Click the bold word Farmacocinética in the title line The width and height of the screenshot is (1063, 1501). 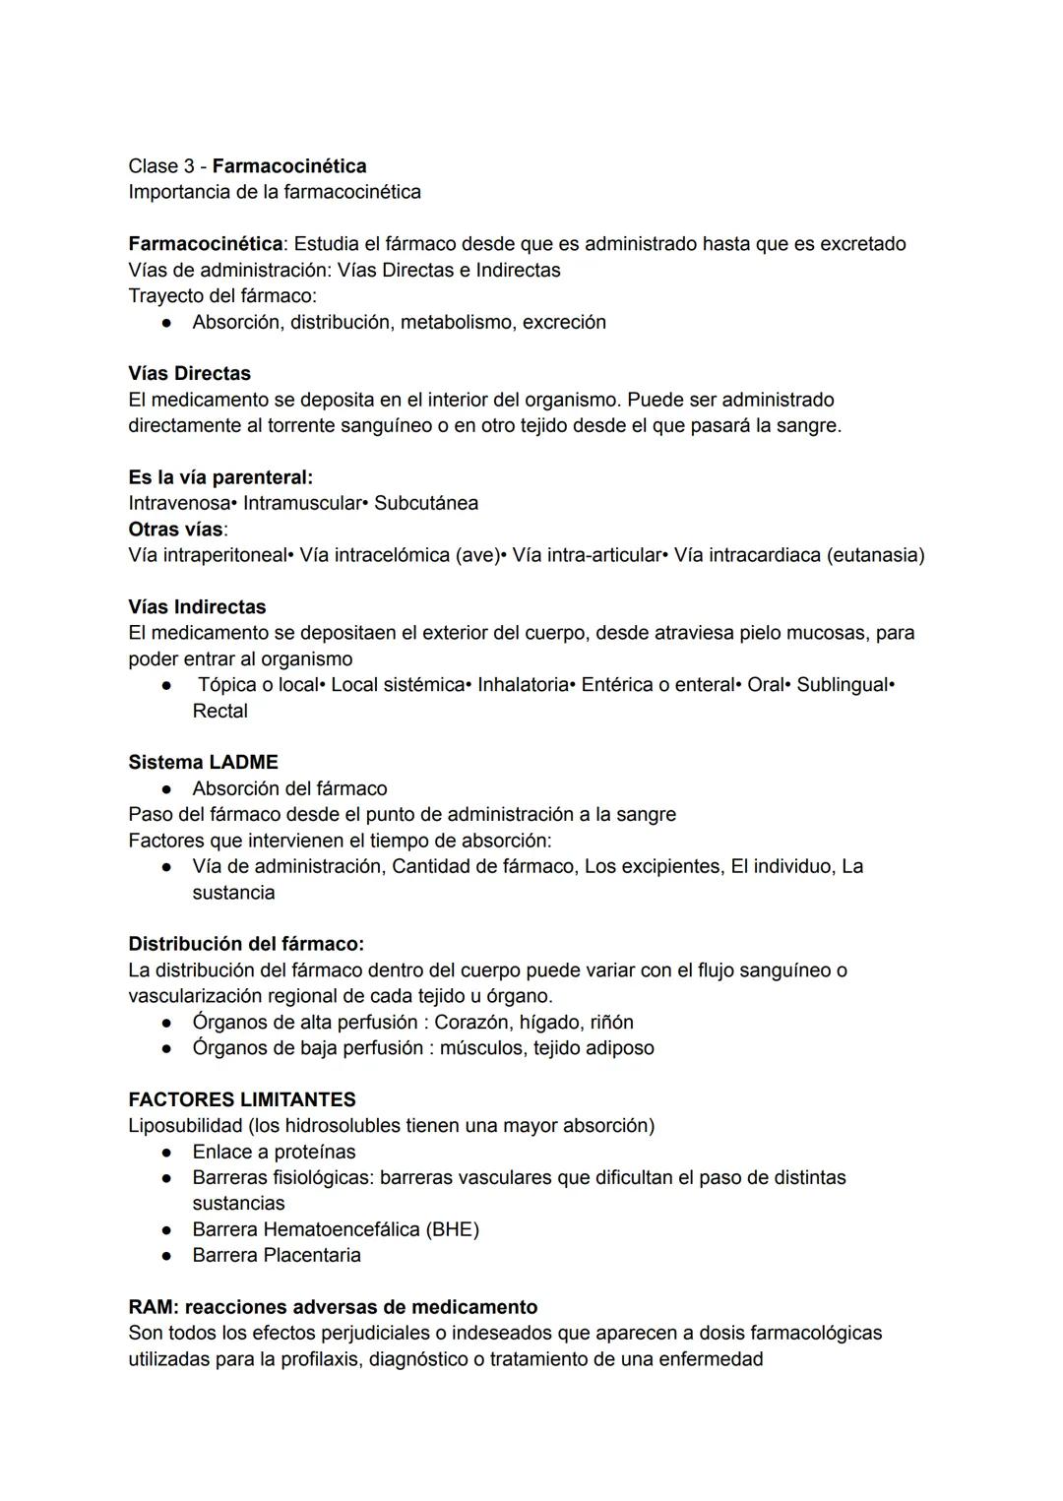(289, 165)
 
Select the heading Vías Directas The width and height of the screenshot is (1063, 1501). (189, 373)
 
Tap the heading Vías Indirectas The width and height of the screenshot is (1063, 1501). (197, 606)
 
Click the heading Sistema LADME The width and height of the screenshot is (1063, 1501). (203, 762)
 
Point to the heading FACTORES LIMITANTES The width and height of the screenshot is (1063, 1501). (242, 1099)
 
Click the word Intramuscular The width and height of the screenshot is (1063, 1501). (302, 503)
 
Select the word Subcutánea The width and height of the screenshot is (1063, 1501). (426, 503)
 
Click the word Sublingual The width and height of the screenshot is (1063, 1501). (842, 684)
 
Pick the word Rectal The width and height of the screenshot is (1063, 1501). (219, 711)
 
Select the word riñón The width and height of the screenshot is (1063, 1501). (611, 1022)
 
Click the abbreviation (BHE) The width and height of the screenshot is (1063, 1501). (453, 1229)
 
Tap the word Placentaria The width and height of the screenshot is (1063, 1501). (312, 1255)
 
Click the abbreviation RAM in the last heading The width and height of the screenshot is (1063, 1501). (150, 1307)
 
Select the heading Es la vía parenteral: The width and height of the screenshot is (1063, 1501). (220, 477)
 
